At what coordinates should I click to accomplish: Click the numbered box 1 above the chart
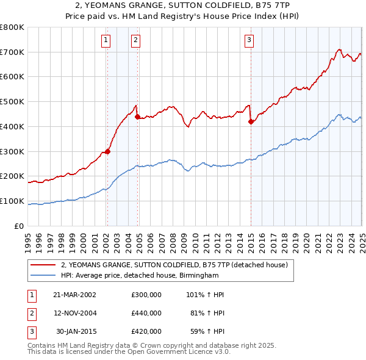click(x=106, y=41)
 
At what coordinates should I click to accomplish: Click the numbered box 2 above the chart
click(x=135, y=41)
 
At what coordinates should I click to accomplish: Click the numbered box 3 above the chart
click(x=249, y=41)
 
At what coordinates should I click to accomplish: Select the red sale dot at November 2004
click(x=137, y=117)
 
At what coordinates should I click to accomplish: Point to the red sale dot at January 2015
click(x=251, y=121)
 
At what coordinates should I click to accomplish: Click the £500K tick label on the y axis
click(x=13, y=102)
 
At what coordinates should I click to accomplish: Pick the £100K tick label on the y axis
click(x=13, y=201)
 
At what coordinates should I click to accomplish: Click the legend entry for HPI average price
click(x=139, y=276)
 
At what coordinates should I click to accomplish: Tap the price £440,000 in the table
click(x=146, y=313)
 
